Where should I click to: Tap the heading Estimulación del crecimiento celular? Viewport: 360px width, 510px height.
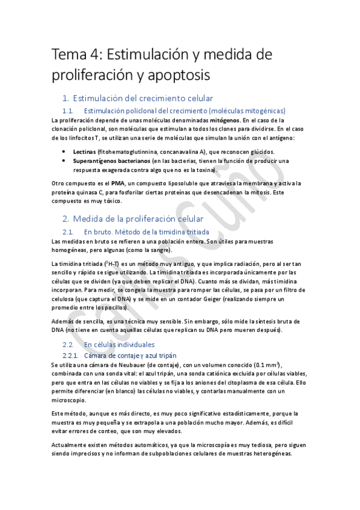[x=142, y=98]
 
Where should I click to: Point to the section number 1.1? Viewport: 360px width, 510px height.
[x=70, y=110]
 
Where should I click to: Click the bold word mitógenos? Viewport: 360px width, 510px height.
[x=220, y=120]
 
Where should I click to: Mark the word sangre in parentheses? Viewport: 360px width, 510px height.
[x=157, y=250]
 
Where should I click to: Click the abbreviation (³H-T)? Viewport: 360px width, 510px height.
[x=108, y=263]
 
